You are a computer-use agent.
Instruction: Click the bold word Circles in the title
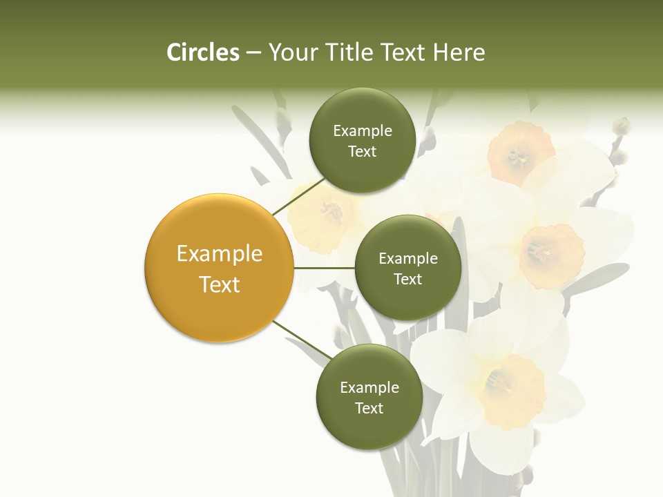(202, 52)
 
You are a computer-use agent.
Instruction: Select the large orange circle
(219, 269)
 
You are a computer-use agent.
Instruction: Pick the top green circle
(362, 140)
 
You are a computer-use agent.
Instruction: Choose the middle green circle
(407, 268)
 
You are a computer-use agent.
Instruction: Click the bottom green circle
(369, 397)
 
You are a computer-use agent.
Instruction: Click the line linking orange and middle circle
(325, 268)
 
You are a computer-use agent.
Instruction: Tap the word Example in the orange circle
(219, 254)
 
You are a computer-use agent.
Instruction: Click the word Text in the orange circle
(219, 284)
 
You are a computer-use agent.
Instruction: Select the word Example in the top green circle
(362, 131)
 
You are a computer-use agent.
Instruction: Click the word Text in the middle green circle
(407, 279)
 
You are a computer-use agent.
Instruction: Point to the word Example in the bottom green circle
(369, 387)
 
